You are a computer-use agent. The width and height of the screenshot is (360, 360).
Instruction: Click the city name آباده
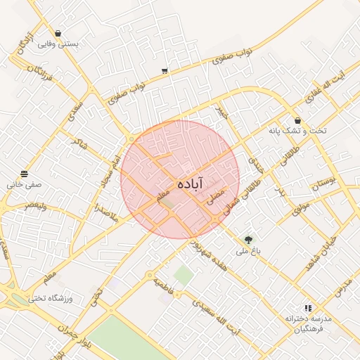click(190, 184)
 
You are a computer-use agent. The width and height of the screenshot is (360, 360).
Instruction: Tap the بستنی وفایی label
click(57, 44)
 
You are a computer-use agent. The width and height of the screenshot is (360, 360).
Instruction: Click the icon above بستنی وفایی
click(57, 33)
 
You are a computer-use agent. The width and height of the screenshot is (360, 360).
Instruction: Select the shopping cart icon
click(165, 70)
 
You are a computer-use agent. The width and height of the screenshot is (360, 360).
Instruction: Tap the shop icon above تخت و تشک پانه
click(298, 120)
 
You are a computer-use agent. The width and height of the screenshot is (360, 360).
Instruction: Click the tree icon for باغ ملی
click(247, 240)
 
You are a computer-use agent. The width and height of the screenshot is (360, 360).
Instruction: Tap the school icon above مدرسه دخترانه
click(307, 308)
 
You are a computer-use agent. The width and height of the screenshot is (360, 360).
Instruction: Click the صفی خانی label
click(25, 185)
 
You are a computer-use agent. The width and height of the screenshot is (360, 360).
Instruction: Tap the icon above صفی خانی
click(25, 174)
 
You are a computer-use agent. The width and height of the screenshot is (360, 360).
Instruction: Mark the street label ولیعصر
click(36, 206)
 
